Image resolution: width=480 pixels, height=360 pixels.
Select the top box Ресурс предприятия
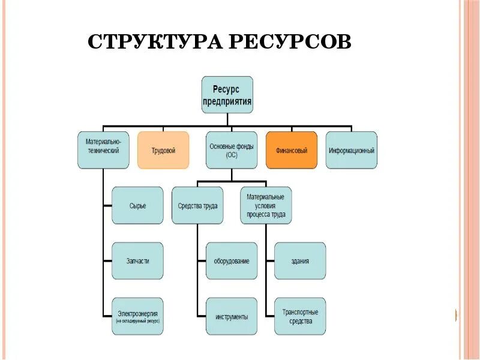[x=227, y=94]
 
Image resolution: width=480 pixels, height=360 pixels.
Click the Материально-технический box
[x=103, y=150]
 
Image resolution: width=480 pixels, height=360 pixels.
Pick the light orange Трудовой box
[x=163, y=150]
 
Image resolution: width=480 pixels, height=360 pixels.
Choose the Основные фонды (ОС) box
[x=232, y=150]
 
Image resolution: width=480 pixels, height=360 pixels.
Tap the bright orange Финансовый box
[x=292, y=150]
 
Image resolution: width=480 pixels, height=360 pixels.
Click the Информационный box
[x=352, y=150]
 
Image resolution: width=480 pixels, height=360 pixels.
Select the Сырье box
[x=137, y=205]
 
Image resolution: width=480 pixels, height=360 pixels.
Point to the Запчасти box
[x=137, y=260]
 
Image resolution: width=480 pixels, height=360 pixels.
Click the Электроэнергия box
[x=137, y=316]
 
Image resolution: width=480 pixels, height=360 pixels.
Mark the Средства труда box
[x=197, y=205]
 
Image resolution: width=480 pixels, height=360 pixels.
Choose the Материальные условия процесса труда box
[x=266, y=205]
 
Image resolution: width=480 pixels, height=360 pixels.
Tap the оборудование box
[x=232, y=260]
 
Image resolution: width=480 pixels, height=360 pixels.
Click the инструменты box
[x=232, y=316]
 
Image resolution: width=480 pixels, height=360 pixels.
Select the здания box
[x=300, y=260]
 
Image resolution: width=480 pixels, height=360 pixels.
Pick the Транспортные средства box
[x=300, y=316]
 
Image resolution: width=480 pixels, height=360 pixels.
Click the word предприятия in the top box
[x=227, y=101]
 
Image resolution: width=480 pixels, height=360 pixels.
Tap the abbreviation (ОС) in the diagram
[x=232, y=155]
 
